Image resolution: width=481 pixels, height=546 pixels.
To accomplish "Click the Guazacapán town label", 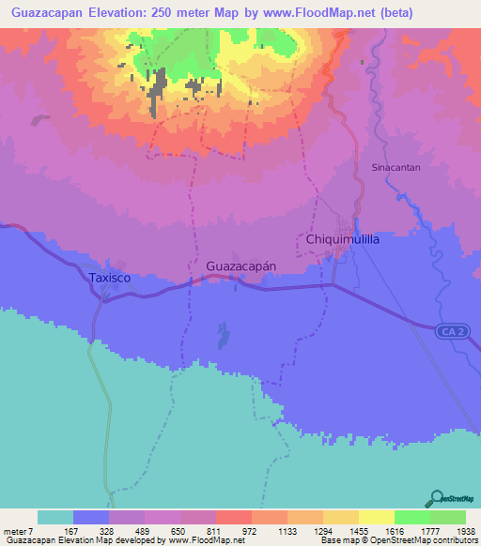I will (240, 265).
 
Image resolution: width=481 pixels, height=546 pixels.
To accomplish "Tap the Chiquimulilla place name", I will (343, 240).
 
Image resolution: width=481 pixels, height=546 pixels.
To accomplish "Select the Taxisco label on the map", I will (106, 279).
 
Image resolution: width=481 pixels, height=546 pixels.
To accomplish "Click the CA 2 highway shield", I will (449, 331).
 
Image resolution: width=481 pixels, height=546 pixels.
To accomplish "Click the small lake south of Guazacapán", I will (224, 335).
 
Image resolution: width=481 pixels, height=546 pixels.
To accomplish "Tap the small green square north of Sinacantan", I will (361, 63).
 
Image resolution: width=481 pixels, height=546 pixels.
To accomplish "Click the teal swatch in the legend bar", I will (54, 517).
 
